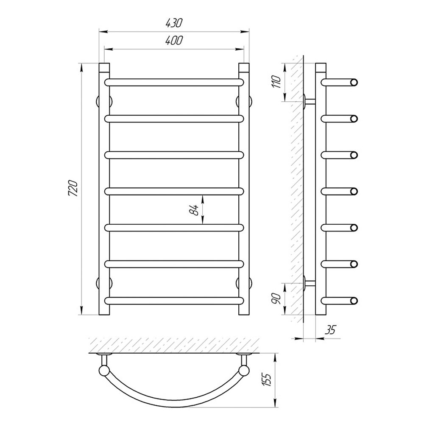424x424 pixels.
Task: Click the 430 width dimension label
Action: click(174, 23)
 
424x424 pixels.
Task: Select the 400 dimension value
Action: click(174, 41)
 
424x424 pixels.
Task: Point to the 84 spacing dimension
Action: click(194, 209)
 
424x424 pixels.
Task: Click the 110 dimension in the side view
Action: click(276, 82)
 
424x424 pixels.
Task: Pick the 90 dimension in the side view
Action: click(276, 298)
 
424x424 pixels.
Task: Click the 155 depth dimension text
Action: click(267, 379)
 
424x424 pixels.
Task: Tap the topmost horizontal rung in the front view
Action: click(174, 83)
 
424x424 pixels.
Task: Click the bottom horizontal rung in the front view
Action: click(174, 301)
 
